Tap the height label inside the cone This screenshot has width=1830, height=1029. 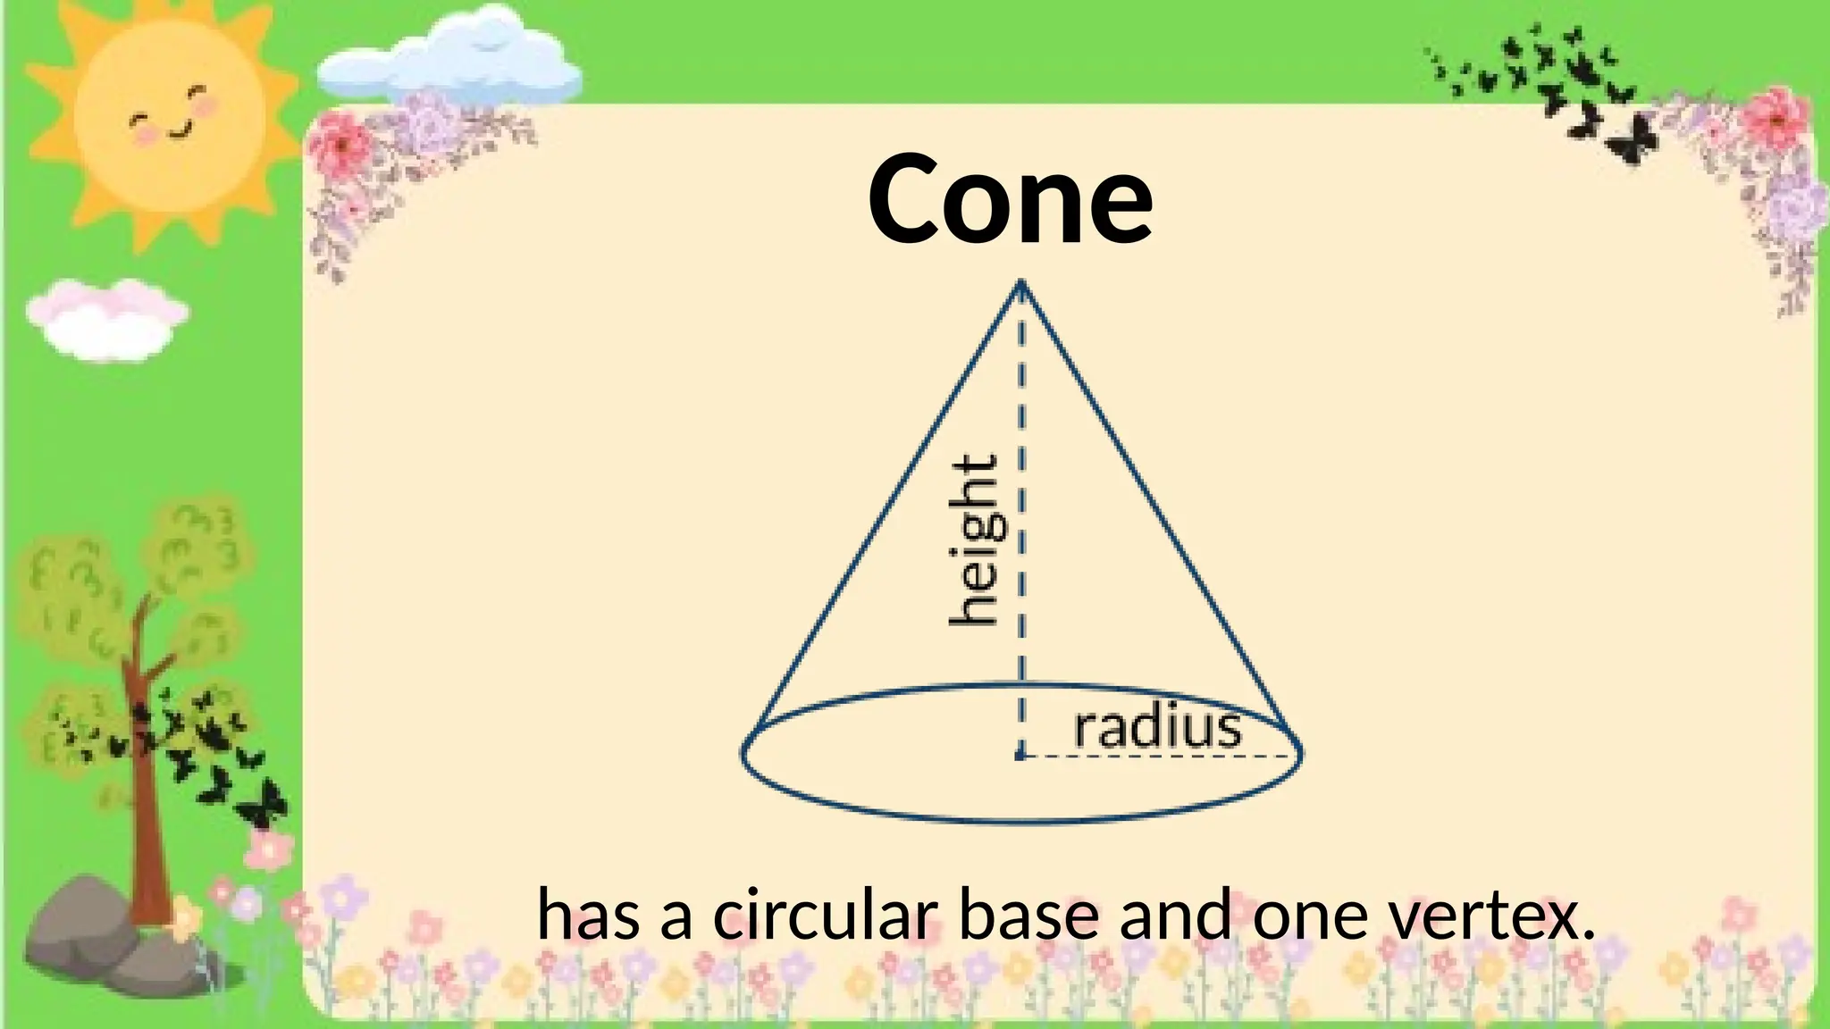(974, 541)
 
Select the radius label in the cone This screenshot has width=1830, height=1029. (1157, 729)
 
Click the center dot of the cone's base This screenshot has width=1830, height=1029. (1020, 756)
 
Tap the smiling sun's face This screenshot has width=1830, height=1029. (170, 116)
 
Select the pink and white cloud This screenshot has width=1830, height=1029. (105, 317)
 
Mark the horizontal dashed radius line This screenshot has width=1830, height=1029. (1162, 756)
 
